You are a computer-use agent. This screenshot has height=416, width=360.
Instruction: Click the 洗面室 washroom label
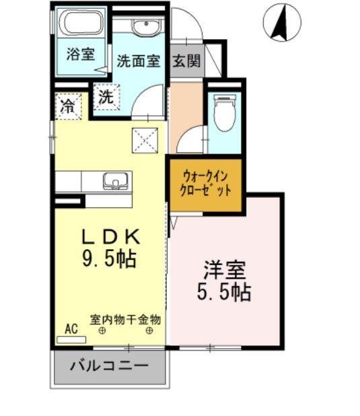(138, 61)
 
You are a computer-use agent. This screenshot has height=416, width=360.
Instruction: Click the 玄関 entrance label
(186, 61)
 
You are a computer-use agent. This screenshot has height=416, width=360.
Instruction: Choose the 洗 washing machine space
(106, 97)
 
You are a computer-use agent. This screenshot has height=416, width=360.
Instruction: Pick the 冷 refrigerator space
(68, 106)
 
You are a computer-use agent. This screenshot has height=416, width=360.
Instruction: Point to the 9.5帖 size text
(110, 258)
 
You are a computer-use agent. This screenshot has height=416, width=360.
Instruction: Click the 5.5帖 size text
(225, 292)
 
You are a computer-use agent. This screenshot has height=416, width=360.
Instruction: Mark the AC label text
(71, 329)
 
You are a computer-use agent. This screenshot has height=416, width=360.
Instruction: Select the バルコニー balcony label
(109, 368)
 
